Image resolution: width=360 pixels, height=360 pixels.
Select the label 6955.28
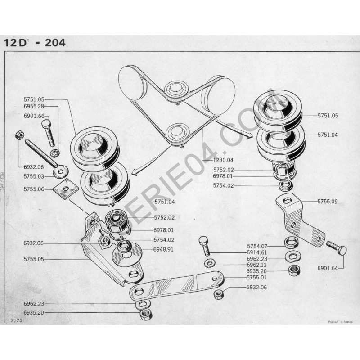pyautogui.click(x=34, y=107)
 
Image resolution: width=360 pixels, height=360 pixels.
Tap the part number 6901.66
pyautogui.click(x=34, y=116)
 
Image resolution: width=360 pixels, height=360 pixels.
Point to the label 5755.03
pyautogui.click(x=34, y=177)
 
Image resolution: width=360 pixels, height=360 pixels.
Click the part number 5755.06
pyautogui.click(x=34, y=189)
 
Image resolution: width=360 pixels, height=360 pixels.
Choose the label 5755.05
pyautogui.click(x=34, y=259)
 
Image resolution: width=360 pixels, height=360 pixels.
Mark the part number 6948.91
pyautogui.click(x=164, y=249)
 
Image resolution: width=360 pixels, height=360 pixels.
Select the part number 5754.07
pyautogui.click(x=258, y=246)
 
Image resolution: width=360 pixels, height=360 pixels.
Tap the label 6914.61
pyautogui.click(x=258, y=253)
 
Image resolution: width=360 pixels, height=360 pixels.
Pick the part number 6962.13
pyautogui.click(x=258, y=265)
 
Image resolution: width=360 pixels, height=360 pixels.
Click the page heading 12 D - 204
pyautogui.click(x=35, y=43)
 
